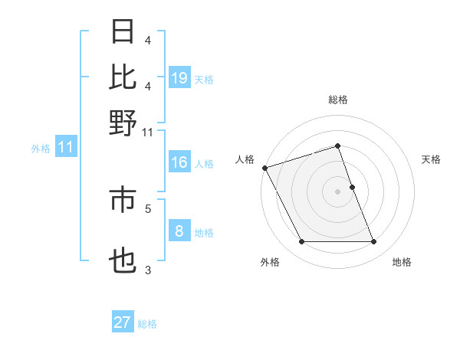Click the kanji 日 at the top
pos(123,33)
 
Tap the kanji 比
pos(123,77)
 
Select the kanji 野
pos(123,122)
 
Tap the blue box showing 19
pos(179,77)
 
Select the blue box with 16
pos(179,162)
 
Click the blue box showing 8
pos(179,231)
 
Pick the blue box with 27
pos(123,322)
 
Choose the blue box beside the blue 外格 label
pos(65,148)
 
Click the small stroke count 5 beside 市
pos(148,208)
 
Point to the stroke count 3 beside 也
pos(148,270)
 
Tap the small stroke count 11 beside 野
pos(147,133)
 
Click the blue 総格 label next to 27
pos(147,324)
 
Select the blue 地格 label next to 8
pos(204,233)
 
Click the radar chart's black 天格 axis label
pos(431,159)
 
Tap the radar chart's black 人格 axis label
pos(245,159)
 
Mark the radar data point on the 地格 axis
pos(374,242)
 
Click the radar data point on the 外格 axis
pos(301,242)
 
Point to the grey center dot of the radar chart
pos(337,191)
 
